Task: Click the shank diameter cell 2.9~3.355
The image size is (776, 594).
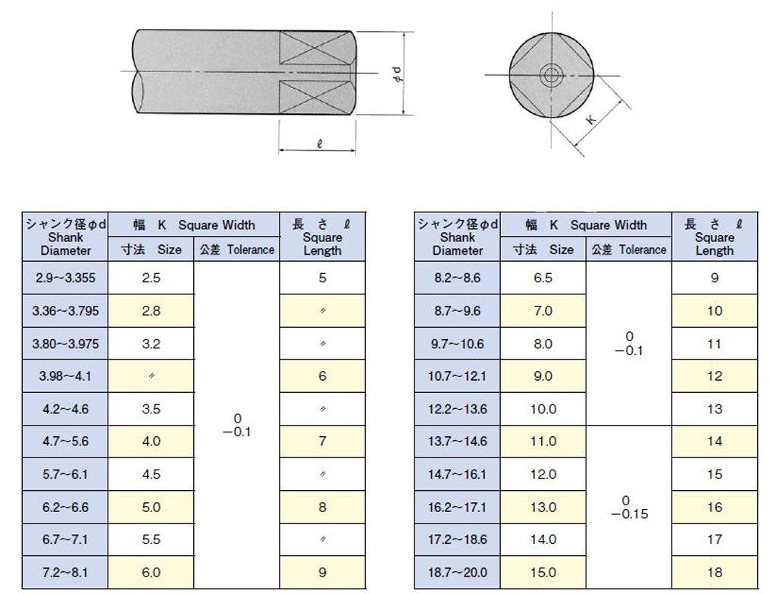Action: click(65, 278)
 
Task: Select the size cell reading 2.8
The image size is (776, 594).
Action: click(151, 311)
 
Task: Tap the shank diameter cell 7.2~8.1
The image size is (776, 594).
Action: click(65, 573)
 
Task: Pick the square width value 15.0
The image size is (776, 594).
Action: click(543, 573)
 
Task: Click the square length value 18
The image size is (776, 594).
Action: click(715, 573)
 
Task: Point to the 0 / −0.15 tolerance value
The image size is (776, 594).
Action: click(628, 508)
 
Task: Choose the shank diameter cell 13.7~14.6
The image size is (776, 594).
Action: click(457, 442)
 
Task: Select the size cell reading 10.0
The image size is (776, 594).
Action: click(543, 409)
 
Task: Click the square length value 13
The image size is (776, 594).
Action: click(715, 409)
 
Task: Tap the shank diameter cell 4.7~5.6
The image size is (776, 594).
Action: click(65, 442)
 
